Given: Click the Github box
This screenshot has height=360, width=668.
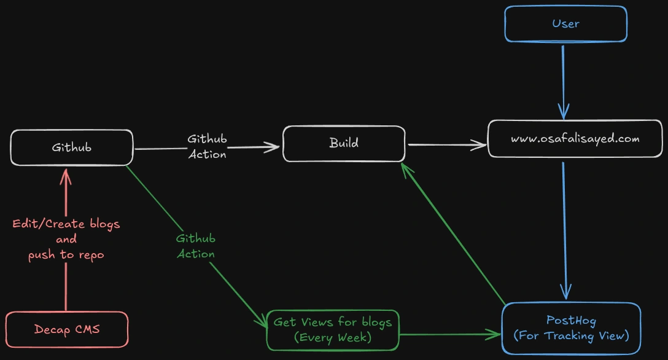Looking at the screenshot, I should (x=72, y=147).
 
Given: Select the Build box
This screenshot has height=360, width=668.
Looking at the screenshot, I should (x=344, y=144).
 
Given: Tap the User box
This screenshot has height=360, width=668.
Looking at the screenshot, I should (x=565, y=24).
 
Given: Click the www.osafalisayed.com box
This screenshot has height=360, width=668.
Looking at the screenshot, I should (x=575, y=138).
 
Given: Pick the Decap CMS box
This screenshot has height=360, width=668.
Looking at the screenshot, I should (x=67, y=329).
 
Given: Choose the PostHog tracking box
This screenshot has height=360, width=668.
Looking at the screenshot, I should (x=571, y=328).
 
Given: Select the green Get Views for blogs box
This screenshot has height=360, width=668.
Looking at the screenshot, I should (x=333, y=330).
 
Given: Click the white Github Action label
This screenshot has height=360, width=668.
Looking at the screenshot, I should (x=207, y=147).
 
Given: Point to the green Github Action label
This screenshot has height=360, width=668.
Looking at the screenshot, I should (x=196, y=246).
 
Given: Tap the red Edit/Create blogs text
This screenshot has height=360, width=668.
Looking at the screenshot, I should (x=66, y=224).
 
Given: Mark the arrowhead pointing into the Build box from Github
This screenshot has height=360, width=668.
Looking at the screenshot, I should (x=273, y=147).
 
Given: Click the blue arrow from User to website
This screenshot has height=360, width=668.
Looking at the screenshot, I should (x=563, y=80).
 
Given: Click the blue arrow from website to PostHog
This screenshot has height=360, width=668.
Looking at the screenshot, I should (x=564, y=227).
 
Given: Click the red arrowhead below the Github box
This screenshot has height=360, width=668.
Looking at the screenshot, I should (x=66, y=177).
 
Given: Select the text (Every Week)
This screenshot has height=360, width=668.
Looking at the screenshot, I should (x=333, y=337).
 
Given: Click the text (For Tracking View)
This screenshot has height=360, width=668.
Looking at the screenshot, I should (x=571, y=336).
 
